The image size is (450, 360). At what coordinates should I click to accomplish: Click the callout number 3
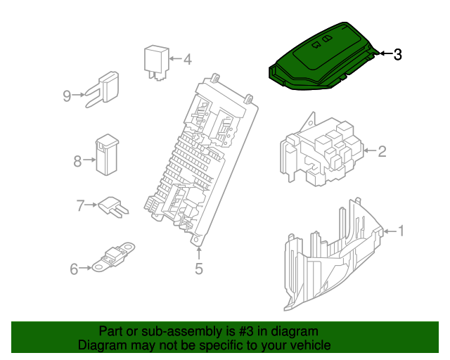point(397,54)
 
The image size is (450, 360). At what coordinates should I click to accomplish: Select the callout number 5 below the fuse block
point(199,268)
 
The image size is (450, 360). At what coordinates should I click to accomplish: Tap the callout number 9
point(67,96)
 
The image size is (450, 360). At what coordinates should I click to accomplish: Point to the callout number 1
point(401,231)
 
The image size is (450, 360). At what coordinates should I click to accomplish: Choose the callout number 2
point(382,150)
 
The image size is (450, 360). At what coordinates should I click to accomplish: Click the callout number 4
point(187,60)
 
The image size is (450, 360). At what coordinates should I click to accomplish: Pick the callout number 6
point(74,268)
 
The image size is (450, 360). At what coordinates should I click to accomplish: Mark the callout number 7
point(80,205)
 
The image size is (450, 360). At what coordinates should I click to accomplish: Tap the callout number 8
point(77,161)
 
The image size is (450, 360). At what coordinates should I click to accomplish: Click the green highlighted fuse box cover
point(320,60)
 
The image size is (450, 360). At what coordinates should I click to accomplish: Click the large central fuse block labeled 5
point(200,162)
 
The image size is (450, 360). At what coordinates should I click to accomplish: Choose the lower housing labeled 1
point(330,260)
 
